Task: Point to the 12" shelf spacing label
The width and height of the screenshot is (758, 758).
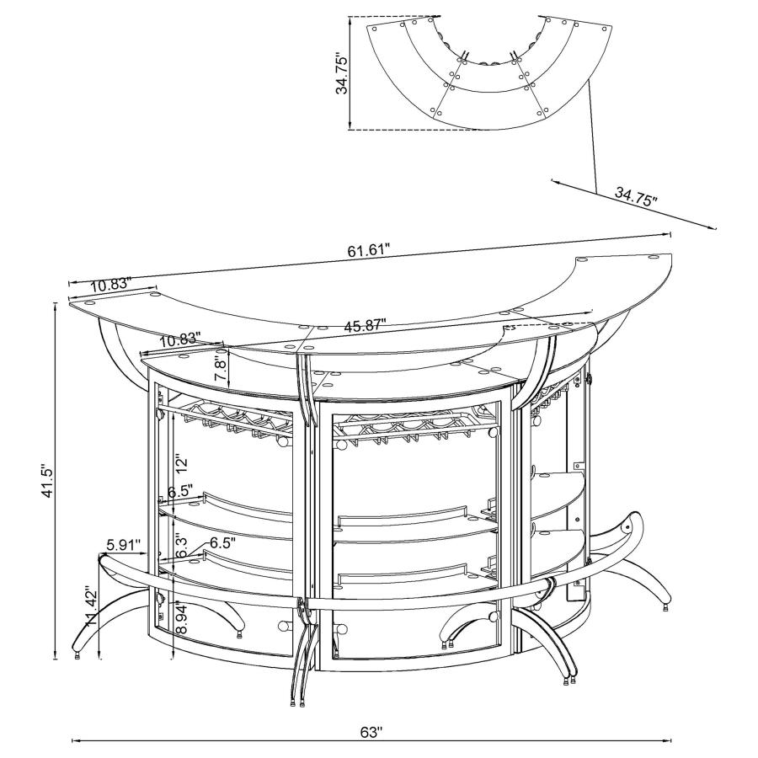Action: (x=179, y=462)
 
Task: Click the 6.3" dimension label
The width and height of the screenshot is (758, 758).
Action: (x=181, y=546)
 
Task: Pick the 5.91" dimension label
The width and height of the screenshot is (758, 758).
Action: (x=123, y=543)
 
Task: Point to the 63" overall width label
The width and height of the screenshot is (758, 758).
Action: (x=371, y=732)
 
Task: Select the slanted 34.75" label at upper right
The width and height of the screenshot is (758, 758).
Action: (x=635, y=199)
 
